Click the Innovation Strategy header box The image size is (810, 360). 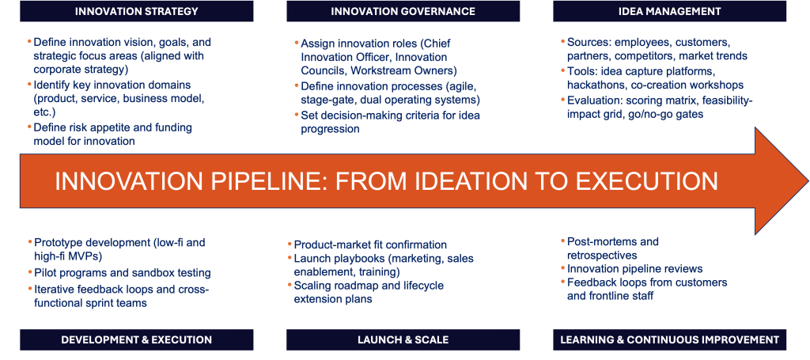(136, 11)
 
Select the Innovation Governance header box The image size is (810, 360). (403, 11)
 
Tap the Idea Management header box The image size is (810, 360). (669, 11)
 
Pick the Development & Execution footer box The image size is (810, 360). (136, 340)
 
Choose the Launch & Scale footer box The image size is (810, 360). (403, 340)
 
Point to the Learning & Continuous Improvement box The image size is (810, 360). (669, 340)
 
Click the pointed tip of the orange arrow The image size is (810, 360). (808, 180)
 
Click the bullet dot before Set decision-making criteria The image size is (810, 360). (297, 116)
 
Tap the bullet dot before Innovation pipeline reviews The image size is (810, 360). (563, 268)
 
